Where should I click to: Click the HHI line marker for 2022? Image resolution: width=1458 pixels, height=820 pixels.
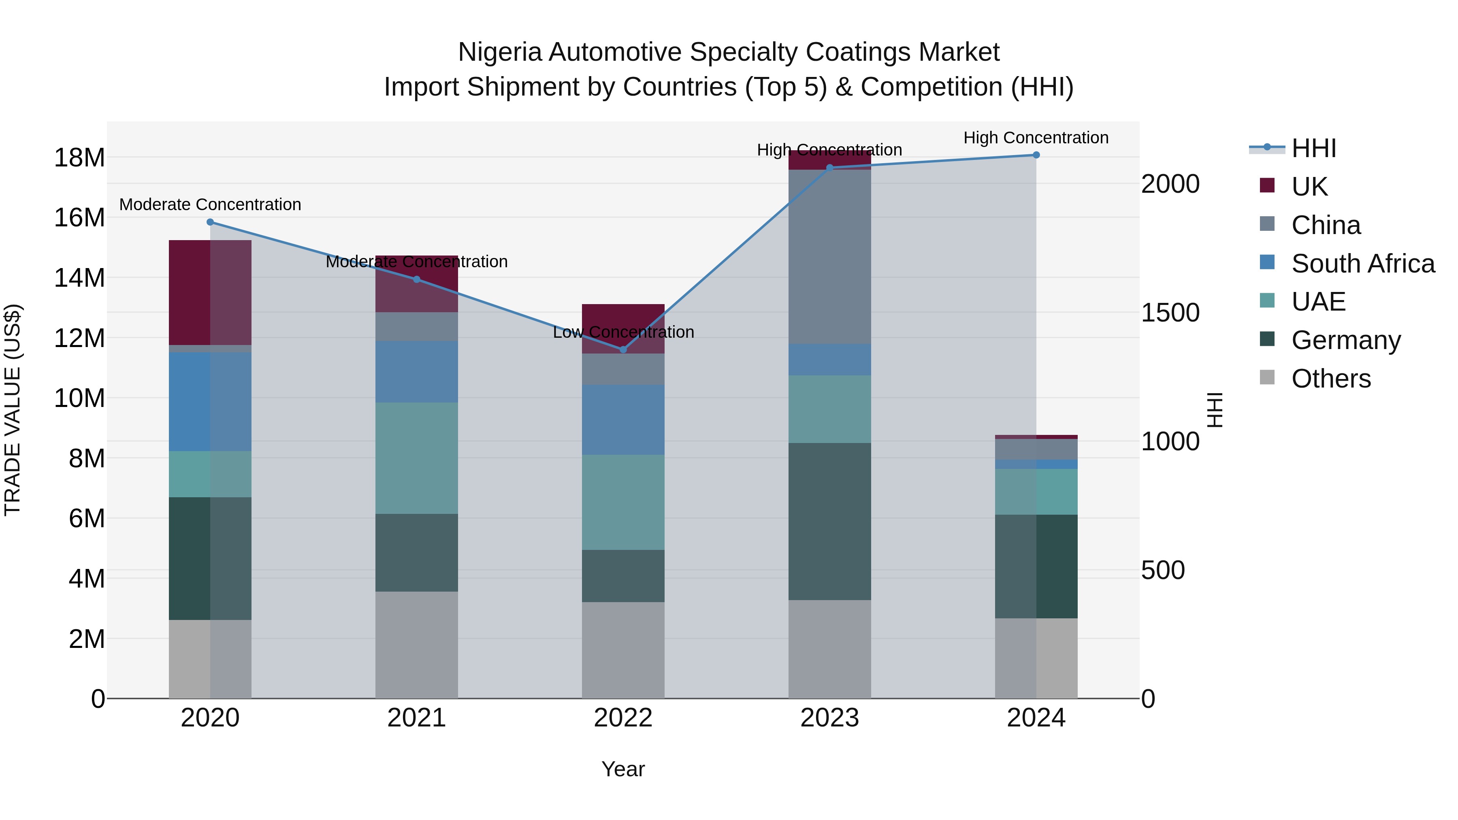point(623,349)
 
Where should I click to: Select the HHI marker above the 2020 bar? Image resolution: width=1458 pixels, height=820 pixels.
point(210,222)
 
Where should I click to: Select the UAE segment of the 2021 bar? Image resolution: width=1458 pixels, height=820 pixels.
point(417,458)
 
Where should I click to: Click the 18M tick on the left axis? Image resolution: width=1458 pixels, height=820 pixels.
point(79,158)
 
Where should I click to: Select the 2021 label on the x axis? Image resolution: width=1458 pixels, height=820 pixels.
point(417,718)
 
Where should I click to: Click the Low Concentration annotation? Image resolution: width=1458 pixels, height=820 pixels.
point(623,332)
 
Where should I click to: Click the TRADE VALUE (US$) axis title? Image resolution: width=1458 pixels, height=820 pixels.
point(13,410)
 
